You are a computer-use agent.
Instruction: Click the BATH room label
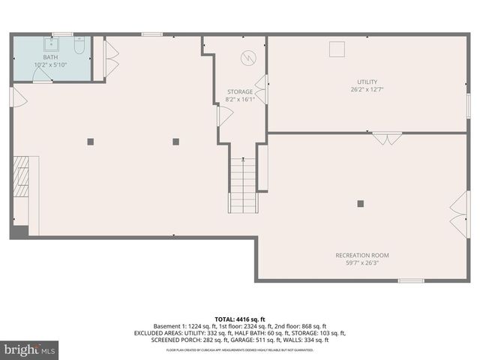click(x=50, y=57)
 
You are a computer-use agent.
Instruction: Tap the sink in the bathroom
click(x=55, y=43)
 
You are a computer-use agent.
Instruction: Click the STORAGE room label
click(x=240, y=91)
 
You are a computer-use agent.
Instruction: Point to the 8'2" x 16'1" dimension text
click(x=241, y=99)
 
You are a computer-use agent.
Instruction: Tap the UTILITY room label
click(x=367, y=82)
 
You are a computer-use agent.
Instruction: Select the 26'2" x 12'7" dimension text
click(x=367, y=90)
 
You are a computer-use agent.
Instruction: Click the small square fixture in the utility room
click(x=337, y=48)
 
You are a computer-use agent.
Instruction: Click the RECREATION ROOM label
click(x=361, y=255)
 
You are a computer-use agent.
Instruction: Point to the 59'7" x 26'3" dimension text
click(x=361, y=263)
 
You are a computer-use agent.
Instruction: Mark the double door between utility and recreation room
click(x=387, y=137)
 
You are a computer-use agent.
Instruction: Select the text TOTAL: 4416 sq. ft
click(x=240, y=319)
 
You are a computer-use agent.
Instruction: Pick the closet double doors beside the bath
click(x=111, y=58)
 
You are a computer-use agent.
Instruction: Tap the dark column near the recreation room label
click(x=360, y=203)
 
